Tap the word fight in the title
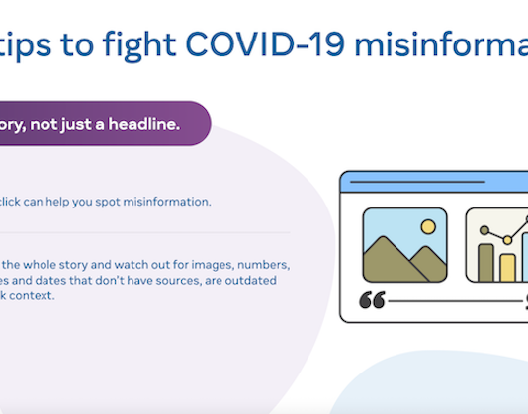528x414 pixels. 132,44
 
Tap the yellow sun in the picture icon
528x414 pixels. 428,226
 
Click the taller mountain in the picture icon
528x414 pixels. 391,259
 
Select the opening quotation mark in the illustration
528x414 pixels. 372,300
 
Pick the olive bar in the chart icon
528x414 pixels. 485,262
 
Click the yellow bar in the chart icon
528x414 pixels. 507,268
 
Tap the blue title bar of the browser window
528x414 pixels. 435,184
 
